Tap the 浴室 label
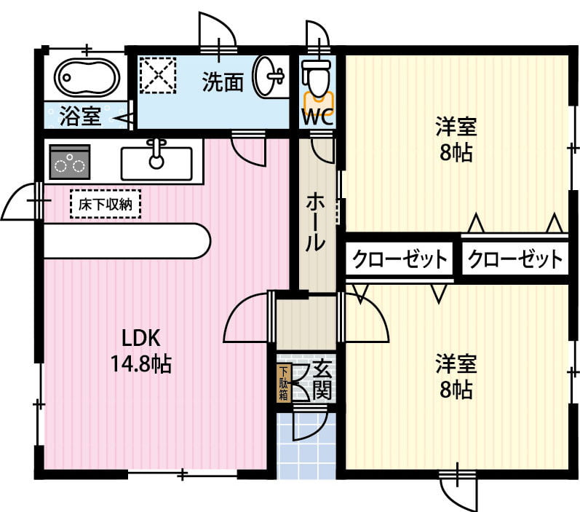80,116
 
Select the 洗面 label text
222,82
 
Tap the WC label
317,117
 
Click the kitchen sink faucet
156,153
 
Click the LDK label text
140,338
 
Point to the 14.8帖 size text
140,363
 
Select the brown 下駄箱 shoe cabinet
283,382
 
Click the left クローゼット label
400,259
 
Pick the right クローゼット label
515,259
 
